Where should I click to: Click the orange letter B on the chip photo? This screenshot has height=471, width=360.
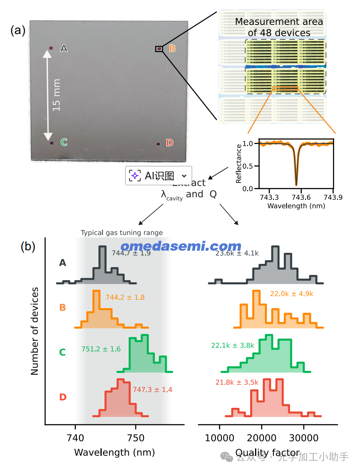[x=172, y=48]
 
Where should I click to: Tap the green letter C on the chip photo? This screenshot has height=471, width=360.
[x=64, y=142]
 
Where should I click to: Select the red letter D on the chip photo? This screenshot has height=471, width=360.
[x=169, y=143]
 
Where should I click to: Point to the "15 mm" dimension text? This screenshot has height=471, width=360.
[x=57, y=95]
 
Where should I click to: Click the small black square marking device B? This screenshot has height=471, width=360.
[x=159, y=49]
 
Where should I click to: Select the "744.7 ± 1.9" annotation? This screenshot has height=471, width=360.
[x=131, y=253]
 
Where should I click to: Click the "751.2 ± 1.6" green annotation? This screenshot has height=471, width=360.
[x=101, y=349]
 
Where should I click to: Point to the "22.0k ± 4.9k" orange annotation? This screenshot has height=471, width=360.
[x=292, y=294]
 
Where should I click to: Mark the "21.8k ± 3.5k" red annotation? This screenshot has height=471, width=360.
[x=237, y=382]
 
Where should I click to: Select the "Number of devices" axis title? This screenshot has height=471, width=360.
[x=35, y=331]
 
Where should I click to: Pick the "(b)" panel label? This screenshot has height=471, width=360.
[x=28, y=247]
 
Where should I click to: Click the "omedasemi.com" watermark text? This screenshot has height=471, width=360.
[x=181, y=246]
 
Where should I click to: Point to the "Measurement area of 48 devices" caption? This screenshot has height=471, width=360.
[x=279, y=27]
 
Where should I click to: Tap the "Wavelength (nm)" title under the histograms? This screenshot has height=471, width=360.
[x=114, y=452]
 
